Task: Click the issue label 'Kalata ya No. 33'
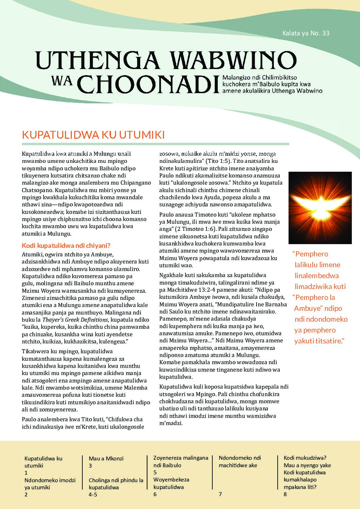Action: (306, 33)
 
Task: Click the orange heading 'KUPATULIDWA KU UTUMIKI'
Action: (93, 135)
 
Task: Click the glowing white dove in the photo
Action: (320, 208)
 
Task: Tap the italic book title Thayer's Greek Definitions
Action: (75, 320)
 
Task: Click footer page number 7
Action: (220, 494)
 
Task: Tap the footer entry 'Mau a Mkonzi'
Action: (106, 458)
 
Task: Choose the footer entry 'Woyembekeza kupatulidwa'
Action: (171, 483)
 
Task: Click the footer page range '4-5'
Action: (93, 494)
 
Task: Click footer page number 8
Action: (285, 494)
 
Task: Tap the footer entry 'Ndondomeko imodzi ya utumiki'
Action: (50, 483)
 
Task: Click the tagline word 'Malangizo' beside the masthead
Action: (235, 78)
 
